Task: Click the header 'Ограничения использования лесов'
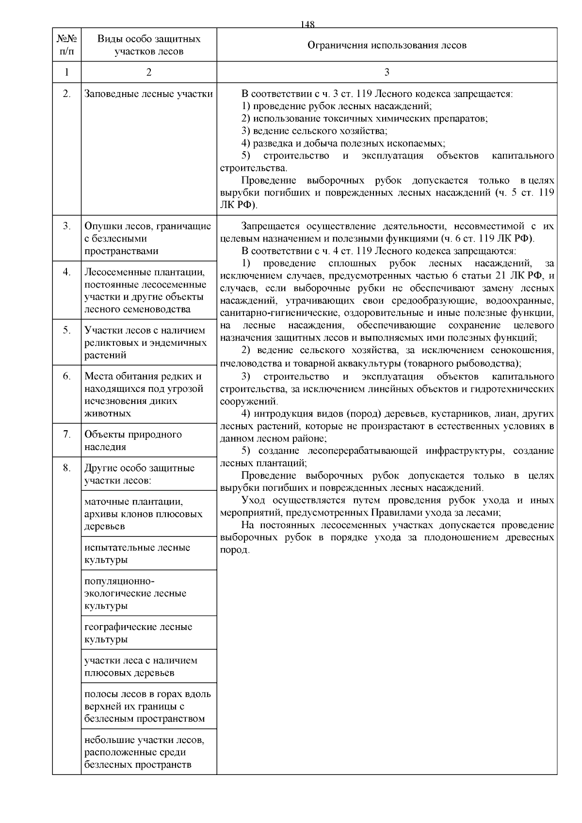click(387, 45)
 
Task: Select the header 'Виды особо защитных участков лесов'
click(148, 45)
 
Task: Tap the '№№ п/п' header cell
click(66, 45)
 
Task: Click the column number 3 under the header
click(387, 72)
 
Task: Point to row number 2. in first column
click(66, 94)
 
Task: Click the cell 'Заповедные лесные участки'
click(148, 94)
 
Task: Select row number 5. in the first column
click(66, 330)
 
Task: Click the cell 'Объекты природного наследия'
click(133, 440)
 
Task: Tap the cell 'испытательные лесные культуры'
click(137, 553)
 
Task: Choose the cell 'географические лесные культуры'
click(138, 633)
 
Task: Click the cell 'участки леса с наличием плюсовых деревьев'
click(141, 666)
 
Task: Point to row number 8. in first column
click(66, 468)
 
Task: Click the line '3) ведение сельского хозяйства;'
click(314, 131)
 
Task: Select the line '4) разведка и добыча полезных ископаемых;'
click(343, 144)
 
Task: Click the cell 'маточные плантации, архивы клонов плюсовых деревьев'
click(143, 514)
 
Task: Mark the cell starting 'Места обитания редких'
click(144, 394)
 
